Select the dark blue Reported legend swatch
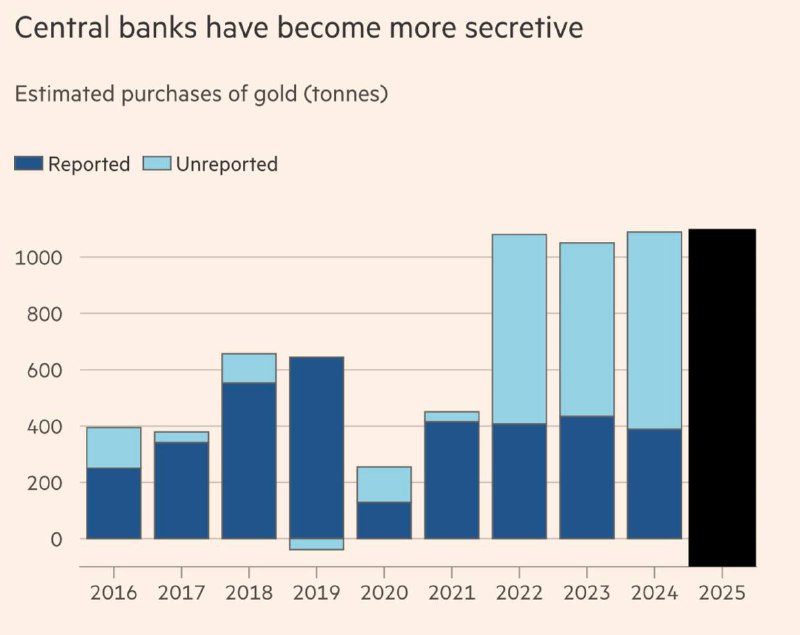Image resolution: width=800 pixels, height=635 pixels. [x=28, y=164]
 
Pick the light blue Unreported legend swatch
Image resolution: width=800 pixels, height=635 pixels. [x=157, y=164]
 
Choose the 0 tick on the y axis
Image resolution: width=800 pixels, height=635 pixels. [x=56, y=539]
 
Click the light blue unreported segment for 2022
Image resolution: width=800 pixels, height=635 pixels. [x=519, y=329]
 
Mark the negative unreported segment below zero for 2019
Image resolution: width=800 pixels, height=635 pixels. [x=316, y=544]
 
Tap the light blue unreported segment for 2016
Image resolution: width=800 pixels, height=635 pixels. [x=113, y=447]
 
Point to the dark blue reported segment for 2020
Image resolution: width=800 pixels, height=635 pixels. [x=384, y=520]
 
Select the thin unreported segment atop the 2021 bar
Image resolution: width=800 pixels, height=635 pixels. [x=451, y=417]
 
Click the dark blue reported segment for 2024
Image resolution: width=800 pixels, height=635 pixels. [x=654, y=484]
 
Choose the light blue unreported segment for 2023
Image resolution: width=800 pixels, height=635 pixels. [x=586, y=329]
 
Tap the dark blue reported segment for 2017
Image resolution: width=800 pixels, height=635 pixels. [x=181, y=490]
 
